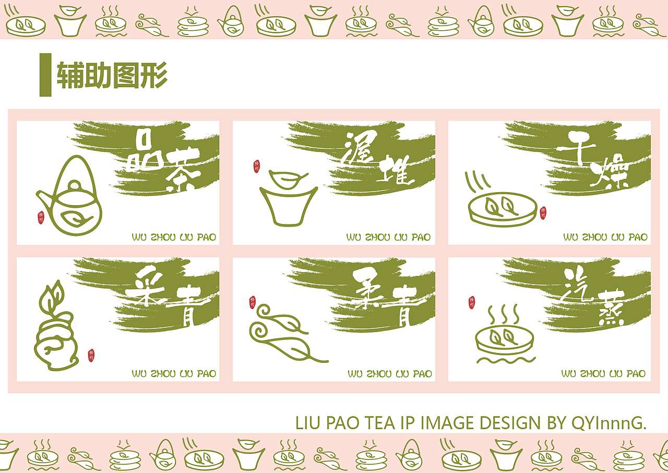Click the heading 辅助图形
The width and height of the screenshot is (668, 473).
112,75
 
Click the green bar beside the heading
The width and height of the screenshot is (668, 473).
45,75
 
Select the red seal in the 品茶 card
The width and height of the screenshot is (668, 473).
41,218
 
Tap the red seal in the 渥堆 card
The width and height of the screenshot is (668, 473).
256,167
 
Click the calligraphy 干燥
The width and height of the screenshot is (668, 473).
593,159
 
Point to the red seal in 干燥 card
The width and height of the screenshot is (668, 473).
543,212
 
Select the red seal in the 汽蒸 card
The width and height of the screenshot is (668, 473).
472,302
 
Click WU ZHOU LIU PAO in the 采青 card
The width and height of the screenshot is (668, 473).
174,374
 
